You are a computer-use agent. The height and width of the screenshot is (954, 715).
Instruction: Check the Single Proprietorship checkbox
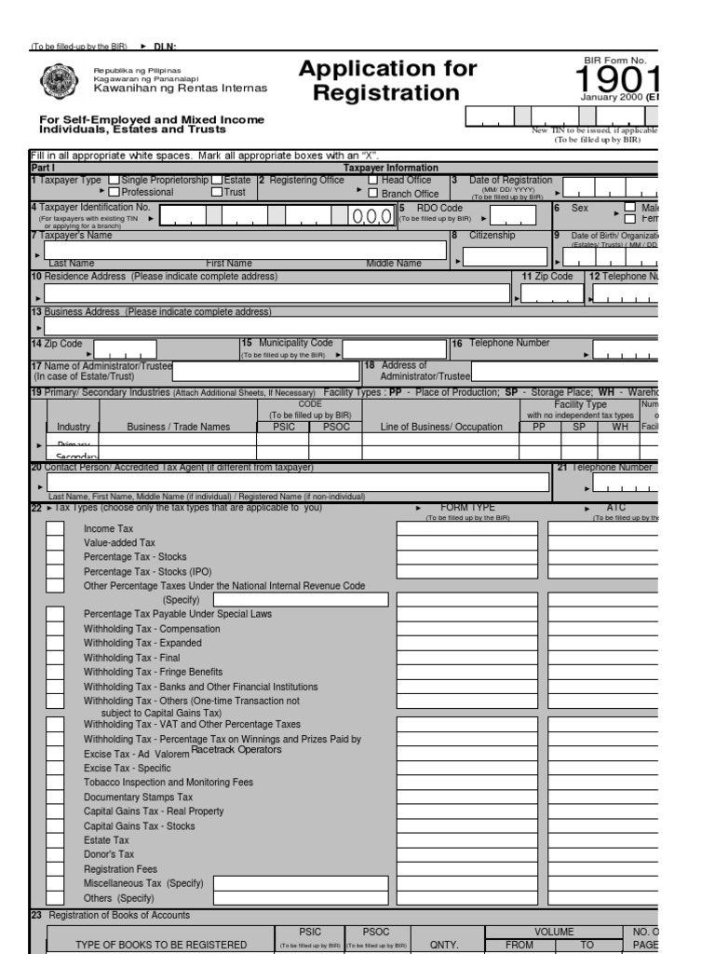(x=115, y=181)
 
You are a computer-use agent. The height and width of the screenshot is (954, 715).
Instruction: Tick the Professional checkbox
(x=115, y=192)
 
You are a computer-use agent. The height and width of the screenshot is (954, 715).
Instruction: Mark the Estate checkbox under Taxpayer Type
(x=216, y=181)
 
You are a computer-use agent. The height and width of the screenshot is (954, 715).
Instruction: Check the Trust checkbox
(x=216, y=192)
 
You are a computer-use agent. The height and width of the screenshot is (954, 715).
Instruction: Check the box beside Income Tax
(x=56, y=528)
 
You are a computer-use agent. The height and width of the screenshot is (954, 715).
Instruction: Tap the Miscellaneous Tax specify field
(x=300, y=883)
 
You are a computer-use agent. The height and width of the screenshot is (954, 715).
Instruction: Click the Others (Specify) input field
(x=300, y=898)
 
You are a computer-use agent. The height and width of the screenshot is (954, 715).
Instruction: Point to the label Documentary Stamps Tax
(x=138, y=797)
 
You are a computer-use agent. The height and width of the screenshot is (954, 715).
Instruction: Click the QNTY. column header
(x=443, y=945)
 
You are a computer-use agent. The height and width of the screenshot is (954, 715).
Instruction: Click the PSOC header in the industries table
(x=335, y=427)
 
